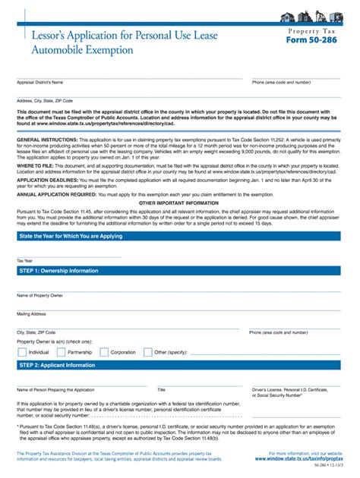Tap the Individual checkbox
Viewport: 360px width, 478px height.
coord(22,352)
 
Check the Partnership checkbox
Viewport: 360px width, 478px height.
coord(61,352)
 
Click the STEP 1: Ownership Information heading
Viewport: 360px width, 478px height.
coord(58,270)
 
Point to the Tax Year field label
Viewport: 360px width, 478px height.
coord(24,259)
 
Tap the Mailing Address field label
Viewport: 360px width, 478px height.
coord(32,313)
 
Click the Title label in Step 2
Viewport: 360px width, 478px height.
coord(161,389)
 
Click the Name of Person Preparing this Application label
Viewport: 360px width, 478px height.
coord(55,389)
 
